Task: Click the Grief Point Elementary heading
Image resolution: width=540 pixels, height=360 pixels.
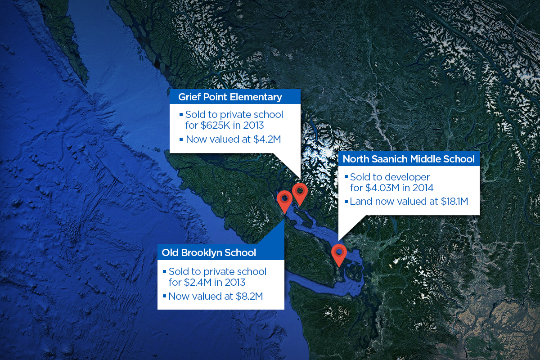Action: tap(230, 97)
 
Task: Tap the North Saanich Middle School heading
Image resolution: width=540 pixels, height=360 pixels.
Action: tap(409, 159)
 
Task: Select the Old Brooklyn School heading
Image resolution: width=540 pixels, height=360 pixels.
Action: tap(209, 252)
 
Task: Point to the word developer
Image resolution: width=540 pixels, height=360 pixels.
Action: tap(409, 177)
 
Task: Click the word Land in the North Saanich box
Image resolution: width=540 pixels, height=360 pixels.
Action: tap(360, 202)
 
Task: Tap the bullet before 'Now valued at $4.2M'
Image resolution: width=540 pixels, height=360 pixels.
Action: tap(181, 139)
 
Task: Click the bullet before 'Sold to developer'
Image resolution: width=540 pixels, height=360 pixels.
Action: tap(346, 176)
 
